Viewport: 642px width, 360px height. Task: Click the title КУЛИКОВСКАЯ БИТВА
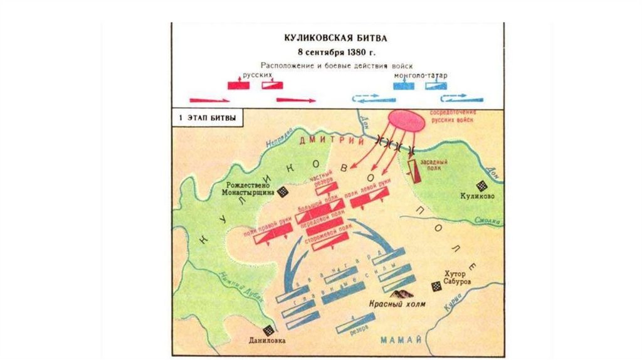click(x=338, y=38)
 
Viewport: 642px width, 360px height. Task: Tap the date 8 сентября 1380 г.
click(x=338, y=51)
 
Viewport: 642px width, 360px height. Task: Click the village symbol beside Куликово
click(x=481, y=186)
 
